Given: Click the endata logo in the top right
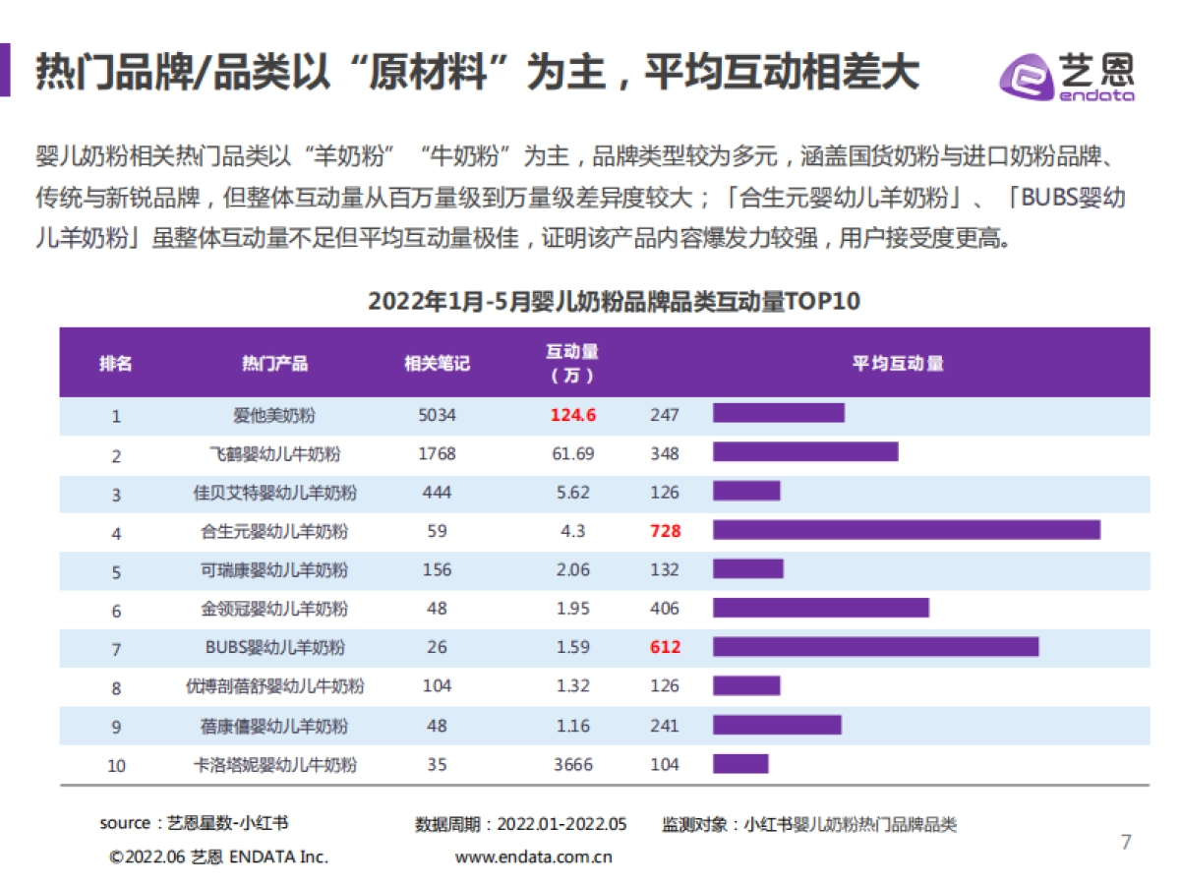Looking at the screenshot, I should [x=1067, y=74].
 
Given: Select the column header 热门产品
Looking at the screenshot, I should [x=275, y=363].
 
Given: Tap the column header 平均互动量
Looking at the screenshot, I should [x=898, y=363].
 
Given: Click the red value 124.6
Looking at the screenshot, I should [x=573, y=415].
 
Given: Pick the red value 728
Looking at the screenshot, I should [x=665, y=531].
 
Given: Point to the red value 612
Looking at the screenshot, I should [x=665, y=647].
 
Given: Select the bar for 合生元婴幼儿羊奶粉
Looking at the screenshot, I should [x=906, y=531].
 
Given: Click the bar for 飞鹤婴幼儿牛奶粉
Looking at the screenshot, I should [x=805, y=452].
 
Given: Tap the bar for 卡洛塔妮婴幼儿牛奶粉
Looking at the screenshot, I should [x=740, y=764].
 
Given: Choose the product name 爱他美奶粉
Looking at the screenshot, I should [x=274, y=415].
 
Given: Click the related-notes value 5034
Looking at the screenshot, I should [x=438, y=415].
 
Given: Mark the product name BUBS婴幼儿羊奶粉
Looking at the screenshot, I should [x=274, y=647].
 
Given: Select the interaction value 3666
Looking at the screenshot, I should [x=573, y=764].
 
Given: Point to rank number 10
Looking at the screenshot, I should [x=116, y=765].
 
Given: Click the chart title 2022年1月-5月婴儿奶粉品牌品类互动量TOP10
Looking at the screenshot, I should [x=614, y=301].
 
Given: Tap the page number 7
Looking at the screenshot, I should [x=1127, y=842].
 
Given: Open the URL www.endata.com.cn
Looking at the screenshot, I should [x=534, y=856].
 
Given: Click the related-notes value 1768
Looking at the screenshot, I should [x=438, y=453].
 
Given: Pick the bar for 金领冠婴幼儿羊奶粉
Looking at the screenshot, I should [x=820, y=609].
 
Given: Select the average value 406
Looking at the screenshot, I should [x=665, y=609].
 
